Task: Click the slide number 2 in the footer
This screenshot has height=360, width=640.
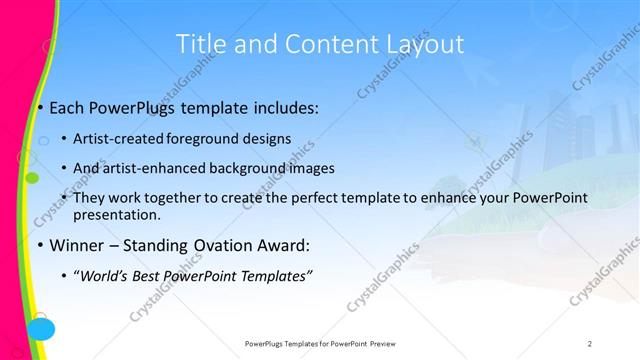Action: click(x=590, y=343)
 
